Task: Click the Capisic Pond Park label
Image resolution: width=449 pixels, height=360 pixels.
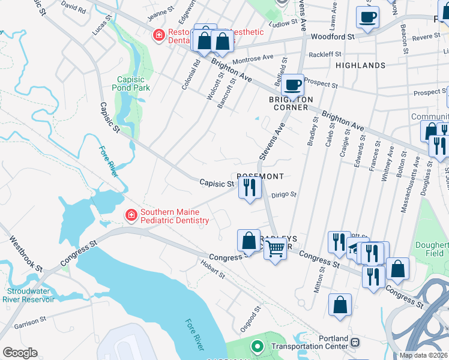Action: tap(130, 83)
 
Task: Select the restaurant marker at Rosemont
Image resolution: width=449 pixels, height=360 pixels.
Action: tap(249, 188)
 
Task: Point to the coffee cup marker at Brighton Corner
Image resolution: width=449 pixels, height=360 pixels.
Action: tap(292, 85)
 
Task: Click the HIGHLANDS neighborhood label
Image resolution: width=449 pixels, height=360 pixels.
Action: tap(360, 65)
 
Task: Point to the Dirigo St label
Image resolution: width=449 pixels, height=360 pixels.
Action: tap(284, 194)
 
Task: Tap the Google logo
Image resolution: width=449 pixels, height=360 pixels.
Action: tap(20, 353)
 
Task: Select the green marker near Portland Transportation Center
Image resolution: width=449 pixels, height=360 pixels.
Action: tap(257, 346)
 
